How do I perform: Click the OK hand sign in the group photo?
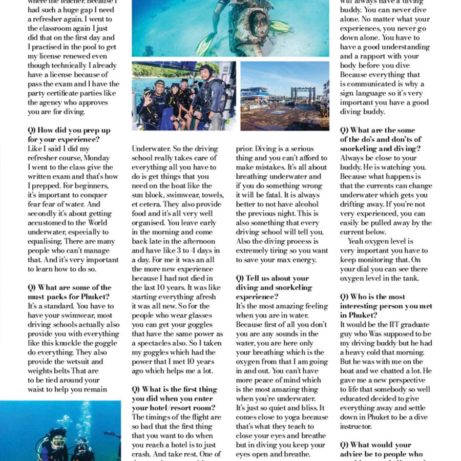tap(149, 97)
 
